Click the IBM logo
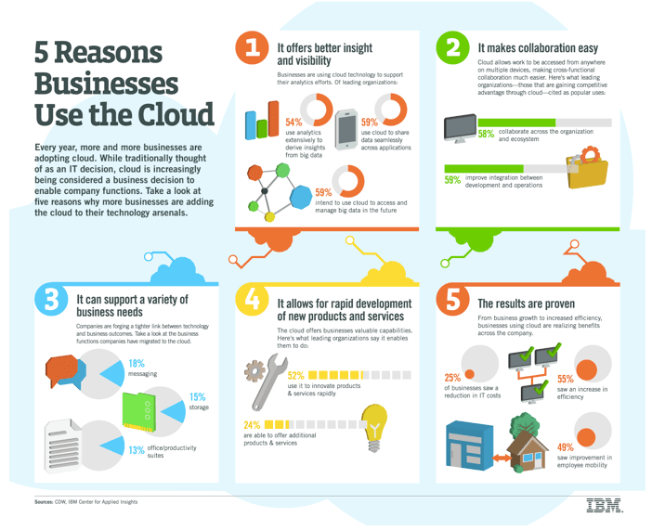pyautogui.click(x=605, y=506)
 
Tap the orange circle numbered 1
pyautogui.click(x=252, y=47)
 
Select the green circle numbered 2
pyautogui.click(x=452, y=47)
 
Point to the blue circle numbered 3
pyautogui.click(x=51, y=300)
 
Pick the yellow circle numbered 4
pyautogui.click(x=252, y=300)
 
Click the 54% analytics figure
pyautogui.click(x=293, y=123)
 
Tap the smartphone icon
pyautogui.click(x=346, y=130)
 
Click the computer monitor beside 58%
pyautogui.click(x=460, y=128)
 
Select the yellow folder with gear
pyautogui.click(x=587, y=167)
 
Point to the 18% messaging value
pyautogui.click(x=137, y=363)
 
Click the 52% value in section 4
pyautogui.click(x=295, y=376)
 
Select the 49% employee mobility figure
pyautogui.click(x=566, y=447)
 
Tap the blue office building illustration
pyautogui.click(x=469, y=446)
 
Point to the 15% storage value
pyautogui.click(x=197, y=397)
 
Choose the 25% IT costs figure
pyautogui.click(x=452, y=378)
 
